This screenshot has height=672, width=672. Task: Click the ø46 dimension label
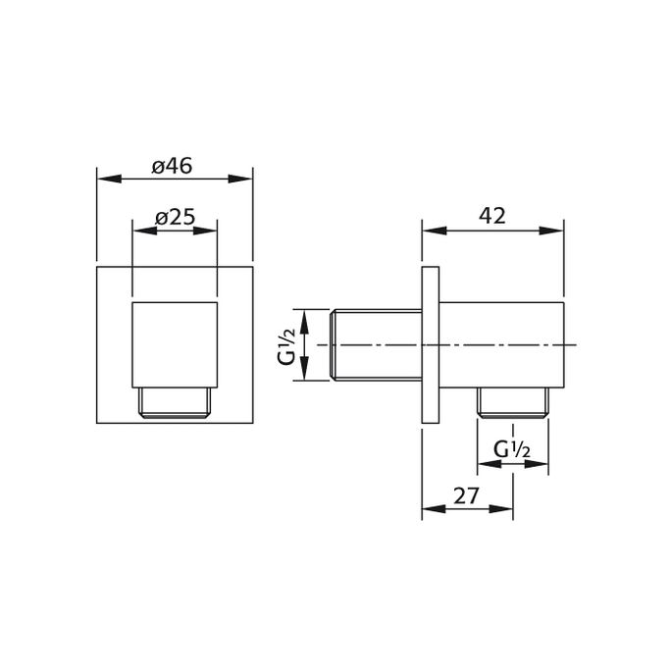[x=172, y=166]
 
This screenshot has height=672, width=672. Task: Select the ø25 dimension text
[x=175, y=218]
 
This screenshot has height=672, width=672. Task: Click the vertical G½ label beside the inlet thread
[x=285, y=345]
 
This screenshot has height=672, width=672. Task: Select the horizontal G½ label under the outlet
[x=512, y=450]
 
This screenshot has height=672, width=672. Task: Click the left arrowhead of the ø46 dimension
[x=103, y=179]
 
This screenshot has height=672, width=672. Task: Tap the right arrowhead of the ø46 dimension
[x=246, y=179]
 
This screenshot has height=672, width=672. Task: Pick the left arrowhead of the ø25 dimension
[x=138, y=231]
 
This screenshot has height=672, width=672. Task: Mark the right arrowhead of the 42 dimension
[x=557, y=231]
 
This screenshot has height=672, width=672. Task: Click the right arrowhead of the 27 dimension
[x=506, y=509]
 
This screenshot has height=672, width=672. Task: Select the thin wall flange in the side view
[x=430, y=345]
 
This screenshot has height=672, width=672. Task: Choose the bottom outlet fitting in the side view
[x=513, y=402]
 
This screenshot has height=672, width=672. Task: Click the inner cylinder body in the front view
[x=174, y=343]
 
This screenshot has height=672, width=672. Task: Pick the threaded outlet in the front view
[x=174, y=403]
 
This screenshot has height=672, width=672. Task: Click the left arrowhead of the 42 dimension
[x=429, y=231]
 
